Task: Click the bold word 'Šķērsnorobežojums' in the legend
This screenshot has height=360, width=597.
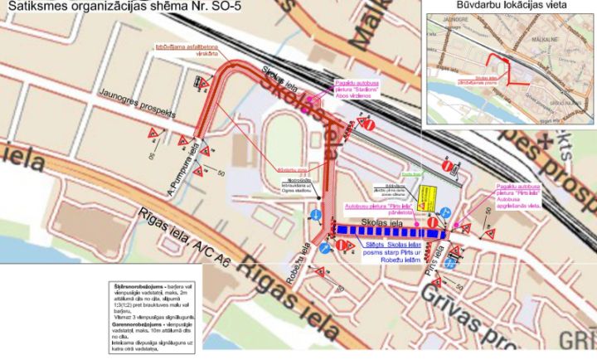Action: [139, 285]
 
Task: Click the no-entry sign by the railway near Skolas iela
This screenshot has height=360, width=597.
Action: [371, 124]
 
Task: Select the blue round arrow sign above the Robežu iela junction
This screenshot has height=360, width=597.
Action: [316, 215]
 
